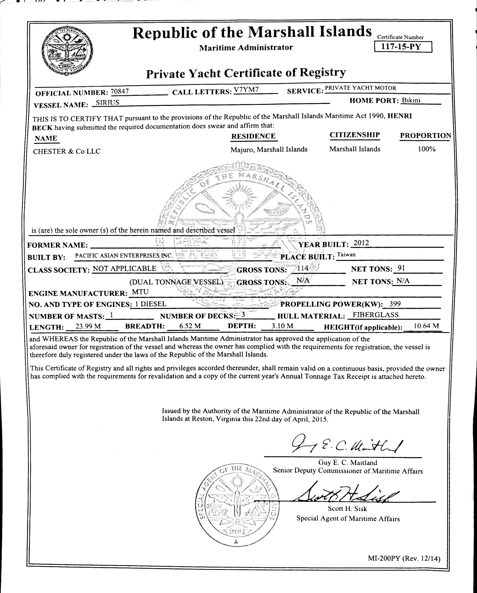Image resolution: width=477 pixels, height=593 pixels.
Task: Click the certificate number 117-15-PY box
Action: (x=403, y=47)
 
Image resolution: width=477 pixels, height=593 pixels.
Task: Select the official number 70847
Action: (x=119, y=91)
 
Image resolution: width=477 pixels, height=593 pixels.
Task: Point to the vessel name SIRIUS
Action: (x=106, y=103)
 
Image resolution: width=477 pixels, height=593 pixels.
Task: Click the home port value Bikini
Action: (x=411, y=100)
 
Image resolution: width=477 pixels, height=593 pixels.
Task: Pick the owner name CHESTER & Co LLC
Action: (x=67, y=151)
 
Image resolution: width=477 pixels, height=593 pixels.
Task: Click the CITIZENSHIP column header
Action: (x=355, y=135)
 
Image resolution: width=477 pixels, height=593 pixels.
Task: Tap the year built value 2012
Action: (x=361, y=243)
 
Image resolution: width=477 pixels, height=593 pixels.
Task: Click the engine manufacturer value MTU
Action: (x=140, y=292)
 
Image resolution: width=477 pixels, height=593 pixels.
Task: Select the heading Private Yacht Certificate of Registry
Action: (x=246, y=73)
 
